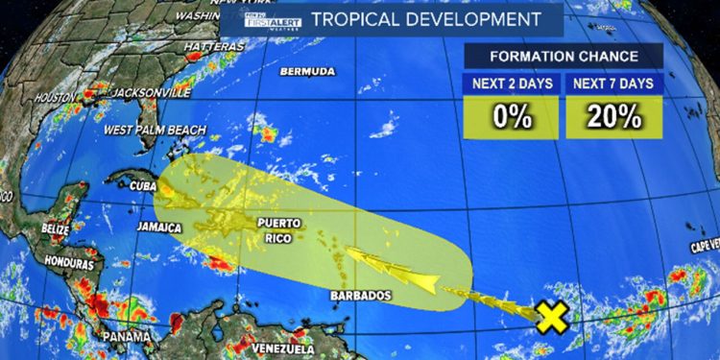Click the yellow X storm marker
tap(551, 317)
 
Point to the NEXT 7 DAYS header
tap(614, 84)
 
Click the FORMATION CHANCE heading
tap(564, 55)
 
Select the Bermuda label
tap(307, 72)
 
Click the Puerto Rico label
tap(279, 230)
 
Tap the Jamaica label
tap(159, 228)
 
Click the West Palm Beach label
tap(153, 130)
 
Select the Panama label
tap(131, 337)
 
